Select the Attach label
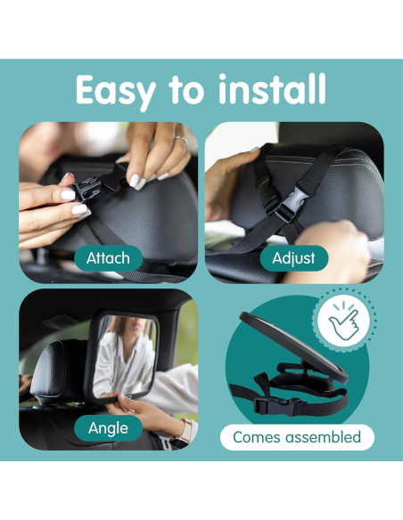point(108,258)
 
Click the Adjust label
point(294,258)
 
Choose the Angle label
point(108,428)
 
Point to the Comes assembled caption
point(297,437)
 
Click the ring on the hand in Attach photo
point(181,139)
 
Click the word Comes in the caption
point(255,437)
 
